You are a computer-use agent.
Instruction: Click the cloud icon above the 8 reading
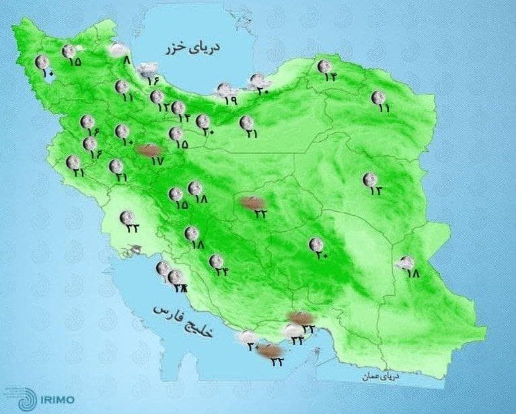point(119,49)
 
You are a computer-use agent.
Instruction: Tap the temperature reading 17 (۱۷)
point(157,161)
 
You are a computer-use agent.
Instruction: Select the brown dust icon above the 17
point(147,151)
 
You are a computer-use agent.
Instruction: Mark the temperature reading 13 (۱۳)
point(375,190)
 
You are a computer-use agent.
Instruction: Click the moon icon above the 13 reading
point(369,179)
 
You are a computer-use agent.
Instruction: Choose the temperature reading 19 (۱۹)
point(231,100)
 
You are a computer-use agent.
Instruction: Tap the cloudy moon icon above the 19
point(224,89)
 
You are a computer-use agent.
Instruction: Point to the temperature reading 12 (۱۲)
point(162,107)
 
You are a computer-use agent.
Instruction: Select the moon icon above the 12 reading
point(157,97)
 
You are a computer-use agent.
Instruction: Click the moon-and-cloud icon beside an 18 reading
point(406,263)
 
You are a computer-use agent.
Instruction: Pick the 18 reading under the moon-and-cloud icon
point(412,274)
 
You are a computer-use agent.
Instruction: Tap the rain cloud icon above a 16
point(147,69)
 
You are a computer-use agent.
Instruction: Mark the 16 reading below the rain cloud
point(152,81)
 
